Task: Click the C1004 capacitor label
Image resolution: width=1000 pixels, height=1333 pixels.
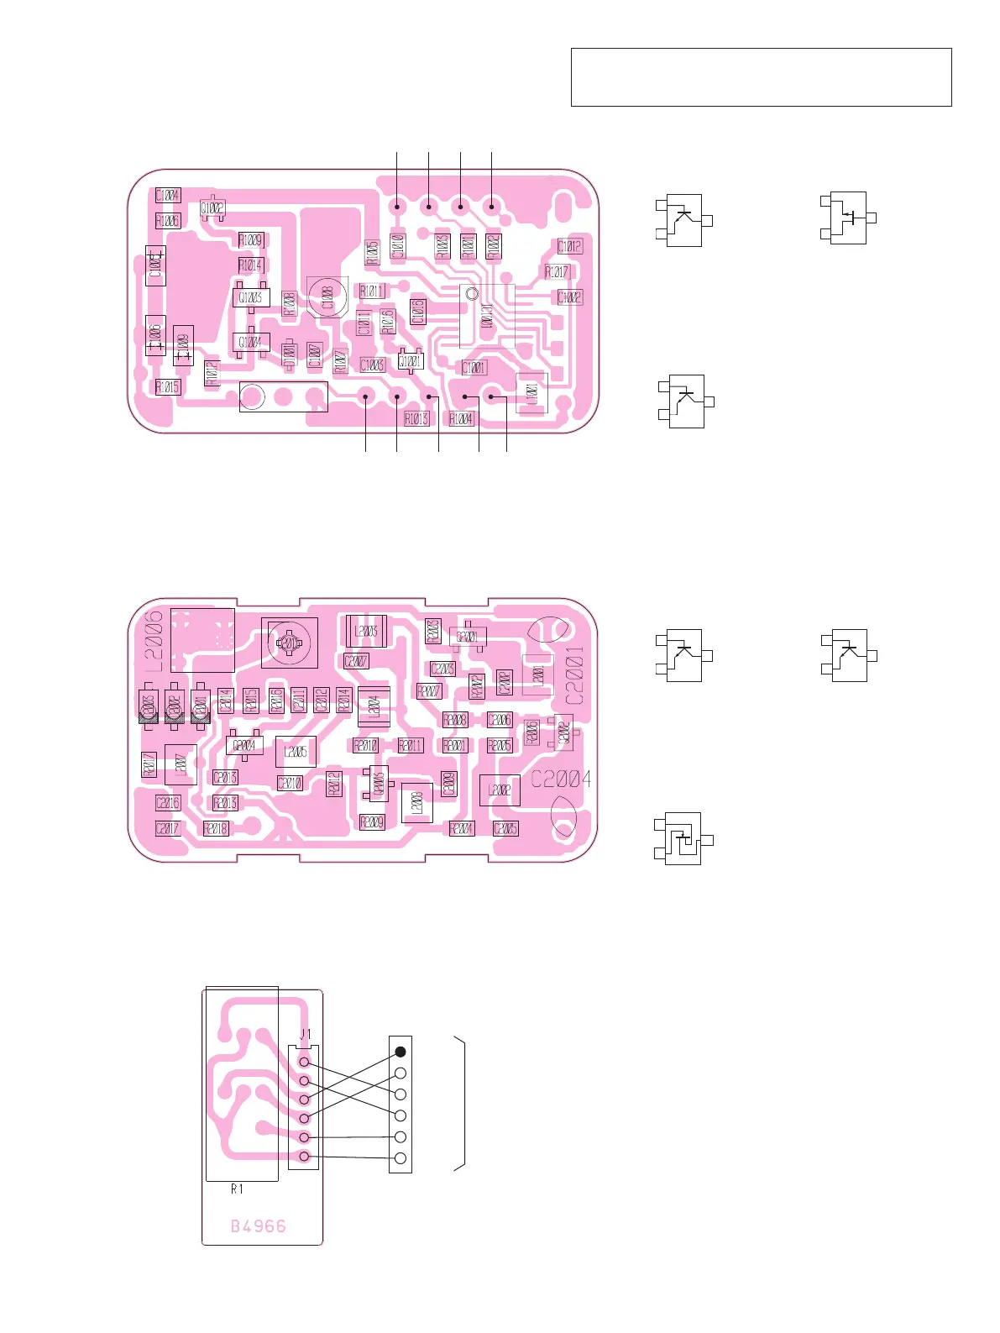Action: coord(168,196)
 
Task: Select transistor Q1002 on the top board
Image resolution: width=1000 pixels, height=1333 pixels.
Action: coord(212,208)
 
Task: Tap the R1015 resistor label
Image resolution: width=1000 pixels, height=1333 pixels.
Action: coord(168,387)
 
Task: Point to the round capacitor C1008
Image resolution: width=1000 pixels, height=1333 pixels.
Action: coord(327,297)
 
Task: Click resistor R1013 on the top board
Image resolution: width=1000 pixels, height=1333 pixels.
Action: coord(416,418)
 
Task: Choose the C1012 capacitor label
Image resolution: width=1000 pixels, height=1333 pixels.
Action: coord(569,246)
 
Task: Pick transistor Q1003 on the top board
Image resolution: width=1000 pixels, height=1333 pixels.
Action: coord(250,297)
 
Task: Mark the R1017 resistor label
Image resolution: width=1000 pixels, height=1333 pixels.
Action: coord(557,272)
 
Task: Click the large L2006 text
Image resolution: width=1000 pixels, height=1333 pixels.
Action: coord(154,641)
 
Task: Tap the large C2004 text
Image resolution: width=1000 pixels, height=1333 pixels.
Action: coord(560,779)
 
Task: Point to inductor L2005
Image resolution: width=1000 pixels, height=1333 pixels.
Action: coord(296,752)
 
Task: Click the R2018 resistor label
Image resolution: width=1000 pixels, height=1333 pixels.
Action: coord(216,828)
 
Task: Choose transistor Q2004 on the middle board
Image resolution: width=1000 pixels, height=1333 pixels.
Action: coord(244,745)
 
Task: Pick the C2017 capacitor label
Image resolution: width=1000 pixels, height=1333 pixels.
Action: coord(168,828)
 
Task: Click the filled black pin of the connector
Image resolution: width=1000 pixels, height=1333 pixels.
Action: coord(401,1052)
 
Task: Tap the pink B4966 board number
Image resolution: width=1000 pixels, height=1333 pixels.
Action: coord(259,1226)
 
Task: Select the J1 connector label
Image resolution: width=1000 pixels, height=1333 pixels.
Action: coord(306,1034)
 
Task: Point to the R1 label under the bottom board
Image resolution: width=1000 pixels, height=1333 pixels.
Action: coord(238,1189)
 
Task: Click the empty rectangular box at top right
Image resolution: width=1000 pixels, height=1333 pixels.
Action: coord(761,77)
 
